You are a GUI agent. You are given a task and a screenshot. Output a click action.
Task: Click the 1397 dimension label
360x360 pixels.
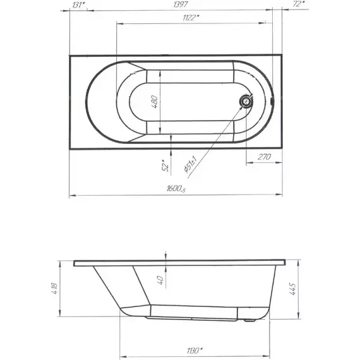pyautogui.click(x=181, y=4)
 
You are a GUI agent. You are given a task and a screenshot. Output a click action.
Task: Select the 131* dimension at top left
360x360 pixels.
pyautogui.click(x=78, y=5)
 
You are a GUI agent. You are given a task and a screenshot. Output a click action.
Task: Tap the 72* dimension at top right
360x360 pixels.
pyautogui.click(x=299, y=4)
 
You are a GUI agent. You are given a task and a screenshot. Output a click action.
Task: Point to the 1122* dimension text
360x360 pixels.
pyautogui.click(x=191, y=18)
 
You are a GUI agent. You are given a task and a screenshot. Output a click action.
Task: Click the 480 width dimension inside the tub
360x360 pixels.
pyautogui.click(x=155, y=102)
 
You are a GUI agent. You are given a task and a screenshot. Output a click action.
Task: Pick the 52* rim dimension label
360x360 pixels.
pyautogui.click(x=165, y=165)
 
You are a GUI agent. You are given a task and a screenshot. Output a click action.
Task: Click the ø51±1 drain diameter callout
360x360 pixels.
pyautogui.click(x=190, y=164)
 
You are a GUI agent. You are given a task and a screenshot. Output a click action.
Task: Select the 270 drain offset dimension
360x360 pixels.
pyautogui.click(x=264, y=157)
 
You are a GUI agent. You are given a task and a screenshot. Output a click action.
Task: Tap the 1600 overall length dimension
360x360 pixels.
pyautogui.click(x=176, y=189)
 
